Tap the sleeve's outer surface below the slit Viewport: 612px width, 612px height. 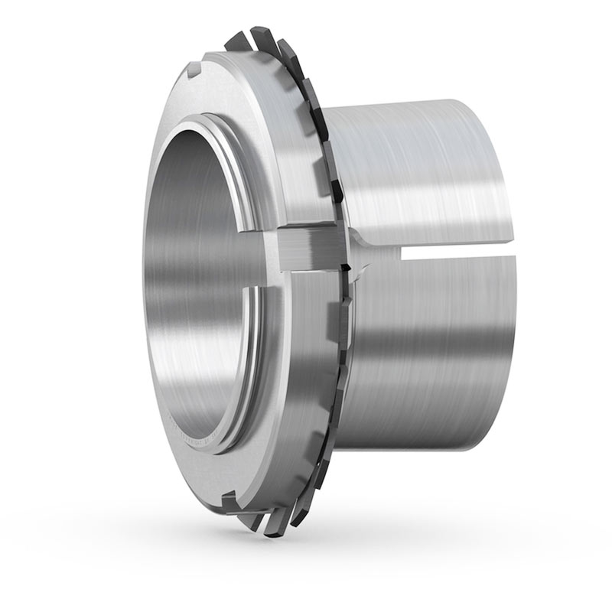tap(421, 344)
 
